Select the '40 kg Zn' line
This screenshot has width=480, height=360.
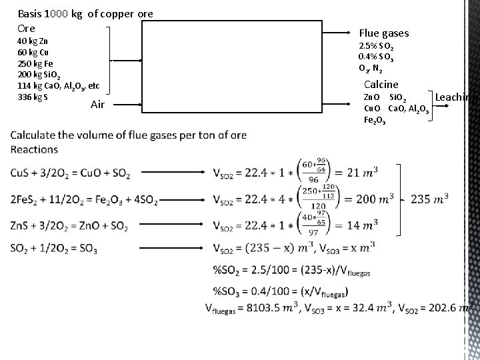(x=31, y=41)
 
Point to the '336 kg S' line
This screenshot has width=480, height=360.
(x=32, y=97)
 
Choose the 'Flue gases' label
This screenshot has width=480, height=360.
(x=384, y=33)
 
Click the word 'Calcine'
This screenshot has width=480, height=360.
(x=381, y=85)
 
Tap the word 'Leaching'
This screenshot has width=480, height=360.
(x=457, y=97)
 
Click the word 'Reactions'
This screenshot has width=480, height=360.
(x=34, y=149)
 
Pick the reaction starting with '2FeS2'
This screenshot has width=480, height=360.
(x=75, y=199)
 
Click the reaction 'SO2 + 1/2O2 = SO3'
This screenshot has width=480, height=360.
(x=54, y=249)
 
